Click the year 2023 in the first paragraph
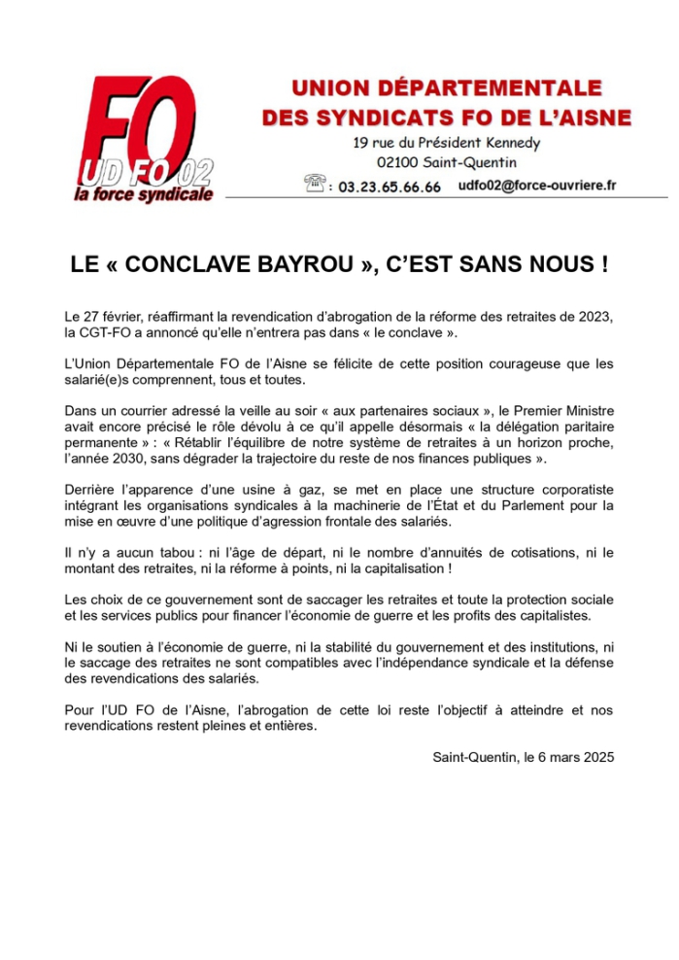(594, 318)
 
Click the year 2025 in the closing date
(596, 756)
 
